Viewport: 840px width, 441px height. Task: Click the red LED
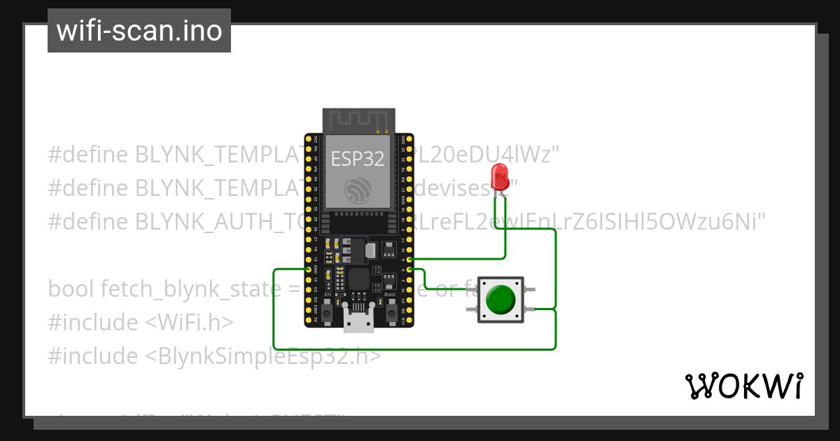(500, 176)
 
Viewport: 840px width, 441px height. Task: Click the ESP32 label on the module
(358, 159)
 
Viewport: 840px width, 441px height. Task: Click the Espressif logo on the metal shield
(358, 190)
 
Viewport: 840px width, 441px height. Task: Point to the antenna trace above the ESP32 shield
(358, 120)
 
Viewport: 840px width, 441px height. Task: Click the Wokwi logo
(743, 386)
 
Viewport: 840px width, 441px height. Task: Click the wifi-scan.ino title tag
(139, 31)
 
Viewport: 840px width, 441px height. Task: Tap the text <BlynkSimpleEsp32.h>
(263, 356)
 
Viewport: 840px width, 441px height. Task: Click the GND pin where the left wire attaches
(308, 269)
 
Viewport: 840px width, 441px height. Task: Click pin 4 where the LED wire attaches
(409, 259)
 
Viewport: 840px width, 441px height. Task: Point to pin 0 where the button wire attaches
(409, 269)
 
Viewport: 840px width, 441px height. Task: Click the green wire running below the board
(413, 349)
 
